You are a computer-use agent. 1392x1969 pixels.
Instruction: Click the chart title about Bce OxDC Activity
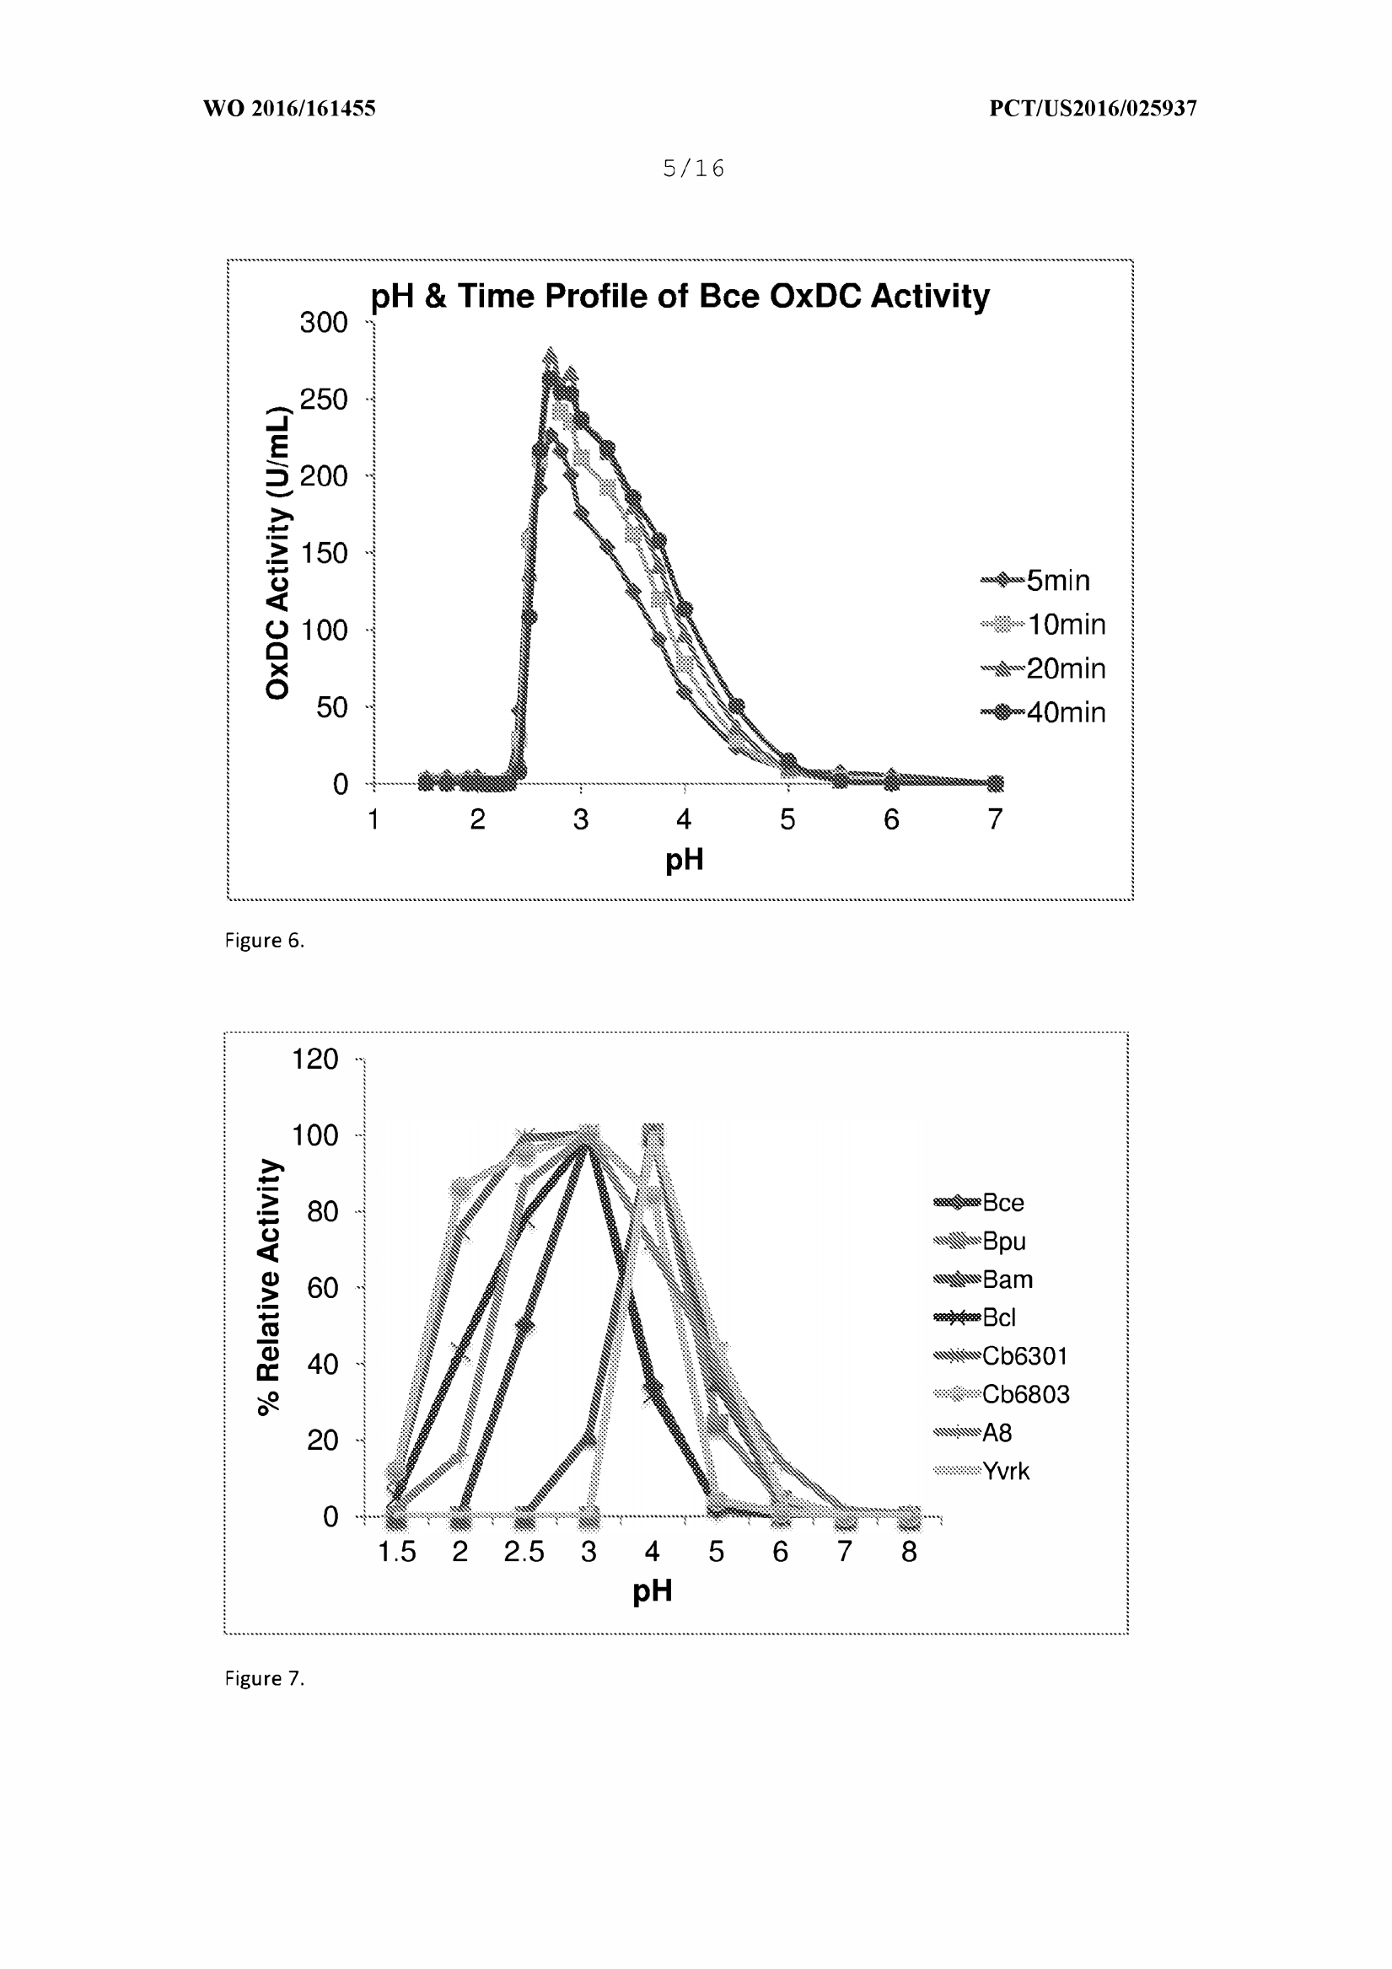pyautogui.click(x=680, y=296)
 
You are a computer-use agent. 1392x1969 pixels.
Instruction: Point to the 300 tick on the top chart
pyautogui.click(x=324, y=323)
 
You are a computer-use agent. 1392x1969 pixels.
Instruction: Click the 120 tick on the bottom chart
pyautogui.click(x=314, y=1060)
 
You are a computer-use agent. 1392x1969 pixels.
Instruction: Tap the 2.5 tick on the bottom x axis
pyautogui.click(x=524, y=1552)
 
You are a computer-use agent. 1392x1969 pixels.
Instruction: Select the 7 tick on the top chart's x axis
pyautogui.click(x=995, y=820)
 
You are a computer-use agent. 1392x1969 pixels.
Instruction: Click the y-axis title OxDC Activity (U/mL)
pyautogui.click(x=278, y=553)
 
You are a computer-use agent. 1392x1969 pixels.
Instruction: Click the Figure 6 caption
pyautogui.click(x=264, y=941)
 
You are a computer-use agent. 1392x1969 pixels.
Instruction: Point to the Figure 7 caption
pyautogui.click(x=264, y=1678)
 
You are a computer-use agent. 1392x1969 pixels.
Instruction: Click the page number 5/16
pyautogui.click(x=694, y=168)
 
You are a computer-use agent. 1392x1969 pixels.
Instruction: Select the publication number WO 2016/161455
pyautogui.click(x=289, y=108)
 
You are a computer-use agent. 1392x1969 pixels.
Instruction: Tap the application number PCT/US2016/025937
pyautogui.click(x=1093, y=108)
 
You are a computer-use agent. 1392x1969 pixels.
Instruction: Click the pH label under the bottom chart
pyautogui.click(x=652, y=1591)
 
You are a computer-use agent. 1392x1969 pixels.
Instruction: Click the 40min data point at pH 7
pyautogui.click(x=995, y=783)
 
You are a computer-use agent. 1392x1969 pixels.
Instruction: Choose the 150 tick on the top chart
pyautogui.click(x=324, y=553)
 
